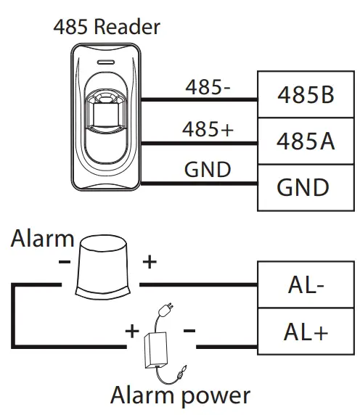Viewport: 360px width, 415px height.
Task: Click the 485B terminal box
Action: tap(305, 95)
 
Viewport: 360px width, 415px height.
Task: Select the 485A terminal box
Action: tap(305, 141)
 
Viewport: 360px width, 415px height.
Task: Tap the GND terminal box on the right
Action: tap(305, 186)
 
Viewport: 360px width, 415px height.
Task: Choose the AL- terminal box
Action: tap(305, 285)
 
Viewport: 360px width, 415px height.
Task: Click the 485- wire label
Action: tap(208, 88)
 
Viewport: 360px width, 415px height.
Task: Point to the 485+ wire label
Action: tap(208, 131)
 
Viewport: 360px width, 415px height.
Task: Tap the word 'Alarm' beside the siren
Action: tap(42, 239)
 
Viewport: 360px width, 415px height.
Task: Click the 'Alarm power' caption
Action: tap(180, 395)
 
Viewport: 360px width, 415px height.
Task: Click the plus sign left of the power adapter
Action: tap(132, 331)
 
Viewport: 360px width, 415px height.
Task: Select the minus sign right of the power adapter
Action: tap(189, 331)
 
